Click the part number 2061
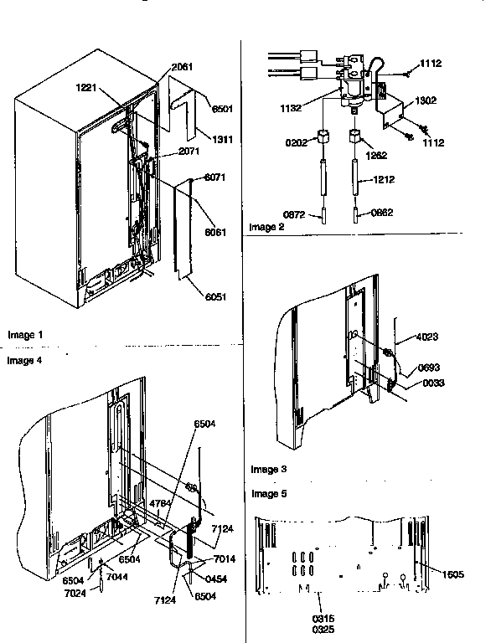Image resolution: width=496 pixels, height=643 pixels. pyautogui.click(x=182, y=68)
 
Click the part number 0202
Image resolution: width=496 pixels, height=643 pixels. pyautogui.click(x=296, y=142)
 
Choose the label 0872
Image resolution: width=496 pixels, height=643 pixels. pyautogui.click(x=295, y=214)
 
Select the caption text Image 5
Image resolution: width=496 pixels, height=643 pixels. pyautogui.click(x=268, y=493)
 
